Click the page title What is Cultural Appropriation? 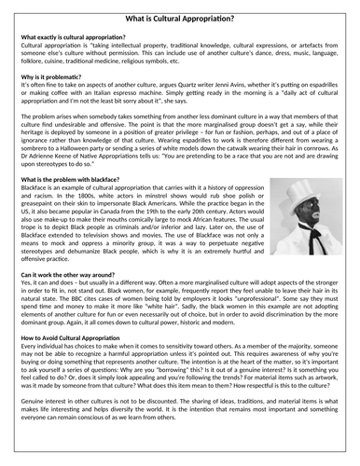click(x=179, y=12)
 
